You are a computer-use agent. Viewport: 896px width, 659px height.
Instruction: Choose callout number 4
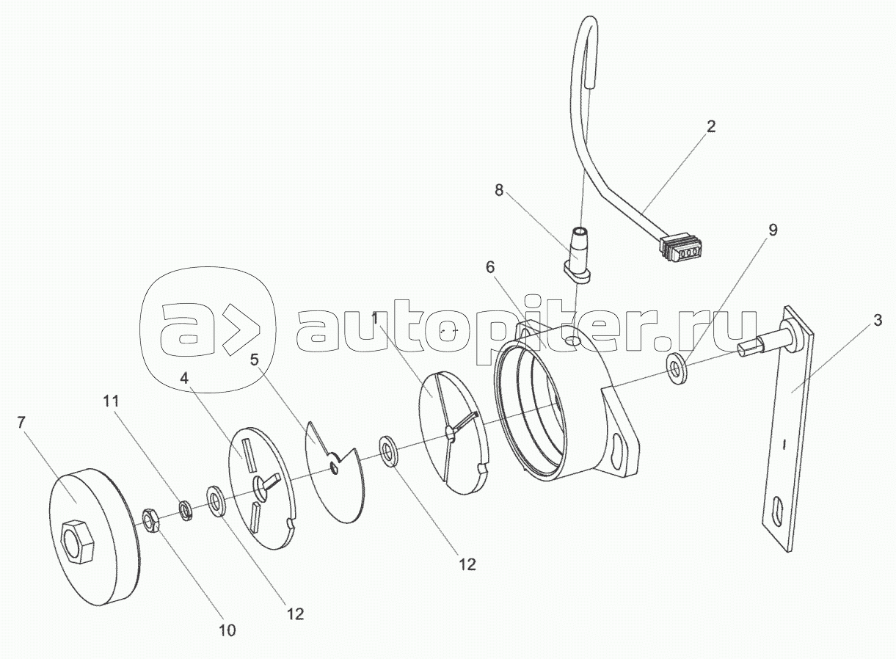coord(184,379)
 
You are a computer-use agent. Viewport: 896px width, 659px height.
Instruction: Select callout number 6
coord(490,268)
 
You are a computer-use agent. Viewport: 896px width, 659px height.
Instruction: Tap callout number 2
coord(710,125)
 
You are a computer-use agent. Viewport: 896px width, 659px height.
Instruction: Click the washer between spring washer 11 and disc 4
coord(216,501)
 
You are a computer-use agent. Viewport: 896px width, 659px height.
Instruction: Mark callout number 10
coord(227,629)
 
